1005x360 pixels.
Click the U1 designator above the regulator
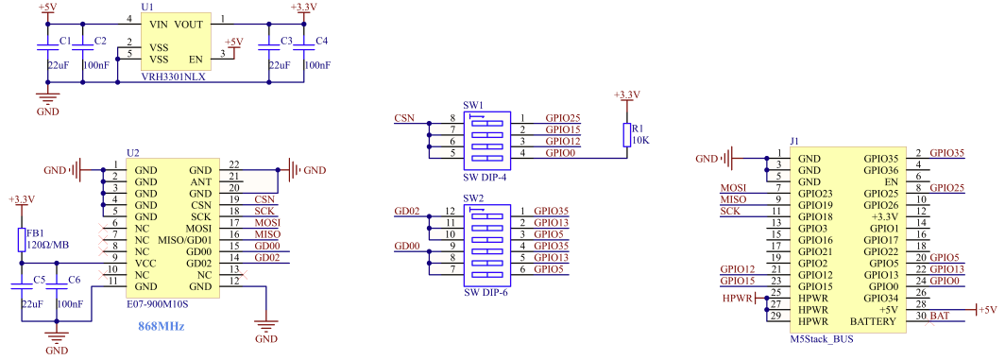coord(147,7)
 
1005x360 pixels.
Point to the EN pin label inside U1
coord(196,59)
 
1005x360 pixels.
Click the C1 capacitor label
coord(64,41)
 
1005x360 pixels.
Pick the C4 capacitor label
coord(321,41)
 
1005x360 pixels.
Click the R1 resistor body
coord(625,134)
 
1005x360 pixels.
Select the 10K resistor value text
coord(640,140)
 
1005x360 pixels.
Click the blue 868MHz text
coord(162,326)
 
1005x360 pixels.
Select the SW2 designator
coord(473,199)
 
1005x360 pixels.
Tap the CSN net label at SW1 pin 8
coord(403,117)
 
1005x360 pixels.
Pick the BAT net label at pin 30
coord(940,315)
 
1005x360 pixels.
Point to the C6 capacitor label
coord(75,280)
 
